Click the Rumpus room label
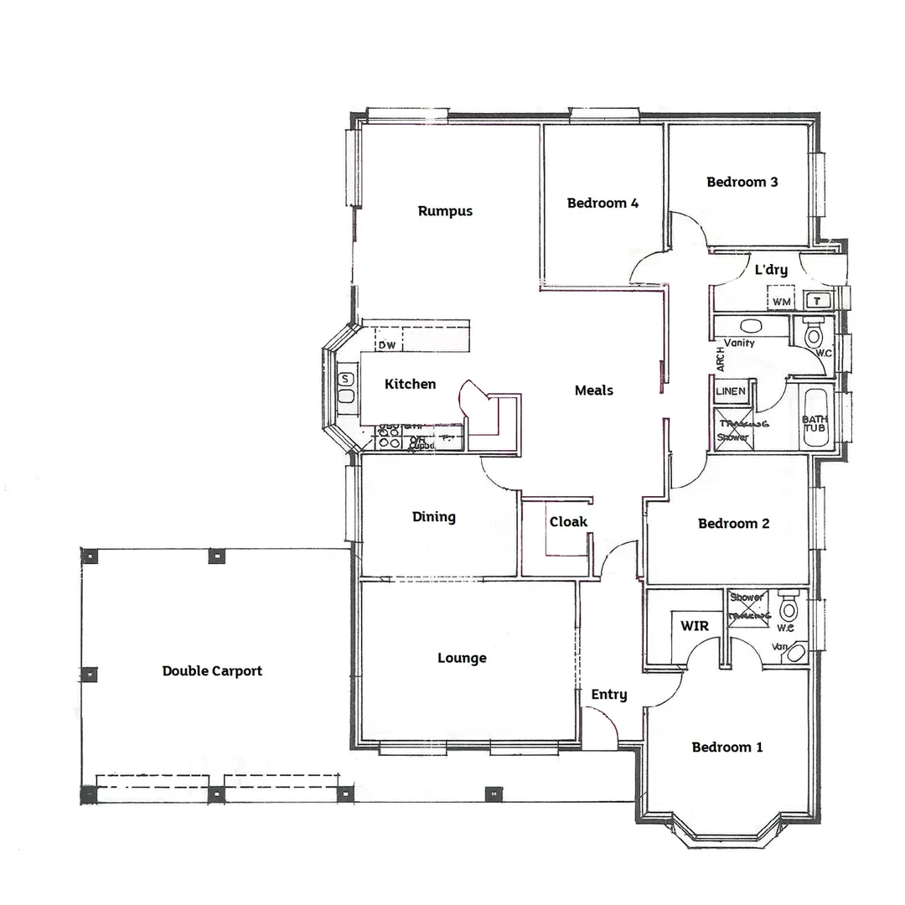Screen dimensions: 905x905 coord(445,211)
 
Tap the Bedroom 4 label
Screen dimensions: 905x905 coord(602,203)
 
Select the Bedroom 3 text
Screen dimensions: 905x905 coord(742,182)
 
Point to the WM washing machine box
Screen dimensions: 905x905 coord(781,300)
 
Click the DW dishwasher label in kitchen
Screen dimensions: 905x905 coord(386,345)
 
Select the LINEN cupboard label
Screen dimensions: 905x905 coord(731,391)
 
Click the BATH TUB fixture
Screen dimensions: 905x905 coord(814,424)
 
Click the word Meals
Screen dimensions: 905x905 coord(593,390)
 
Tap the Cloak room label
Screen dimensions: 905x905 coord(568,522)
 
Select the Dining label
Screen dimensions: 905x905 coord(433,517)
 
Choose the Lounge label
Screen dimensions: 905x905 coord(462,659)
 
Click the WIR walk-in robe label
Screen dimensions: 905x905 coord(695,626)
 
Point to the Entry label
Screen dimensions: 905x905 coord(608,695)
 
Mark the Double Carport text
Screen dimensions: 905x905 coord(212,671)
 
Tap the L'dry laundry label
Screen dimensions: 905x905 coord(771,270)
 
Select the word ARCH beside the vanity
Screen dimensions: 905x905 coord(720,359)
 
